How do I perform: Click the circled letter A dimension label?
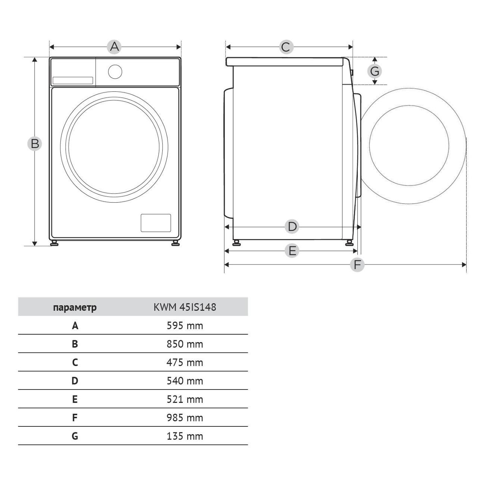tap(114, 47)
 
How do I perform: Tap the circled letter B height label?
tap(35, 144)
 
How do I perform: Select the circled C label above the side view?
tap(287, 47)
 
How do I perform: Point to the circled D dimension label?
tap(292, 226)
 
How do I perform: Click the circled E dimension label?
tap(292, 251)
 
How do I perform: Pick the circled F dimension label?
tap(357, 265)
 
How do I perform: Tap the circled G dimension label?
tap(375, 71)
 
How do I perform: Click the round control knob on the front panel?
tap(115, 72)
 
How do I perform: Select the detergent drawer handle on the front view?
tap(73, 81)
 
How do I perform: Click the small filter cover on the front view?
tap(156, 223)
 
